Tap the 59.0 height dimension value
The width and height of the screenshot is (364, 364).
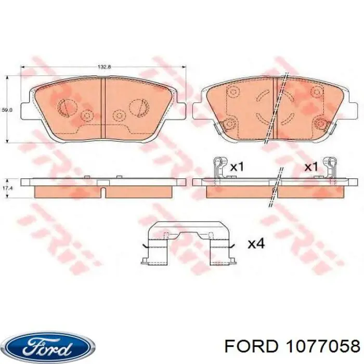pos(7,110)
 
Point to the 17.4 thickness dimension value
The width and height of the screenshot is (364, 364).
pos(7,188)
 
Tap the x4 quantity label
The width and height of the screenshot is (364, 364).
pos(256,244)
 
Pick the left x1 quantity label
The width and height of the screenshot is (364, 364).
pos(237,167)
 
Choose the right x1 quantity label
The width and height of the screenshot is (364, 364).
pos(311,167)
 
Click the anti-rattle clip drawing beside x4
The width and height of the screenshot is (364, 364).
pos(189,243)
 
